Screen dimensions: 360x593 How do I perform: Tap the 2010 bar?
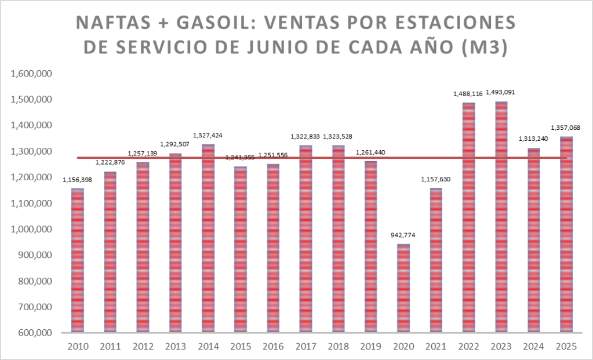tap(77, 261)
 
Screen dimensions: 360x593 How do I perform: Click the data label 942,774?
tap(403, 235)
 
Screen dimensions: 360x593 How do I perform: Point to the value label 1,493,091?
tap(501, 92)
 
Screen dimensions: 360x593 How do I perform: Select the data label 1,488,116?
tap(468, 93)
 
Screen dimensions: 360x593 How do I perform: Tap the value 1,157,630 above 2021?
tap(436, 179)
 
